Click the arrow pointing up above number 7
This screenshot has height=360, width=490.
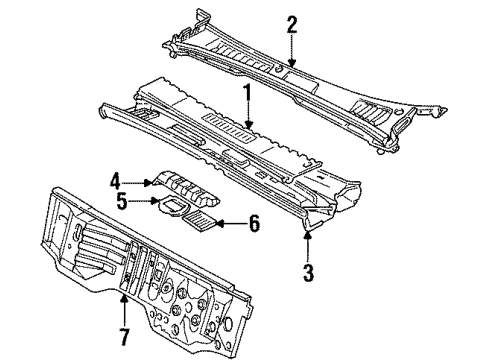[123, 300]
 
